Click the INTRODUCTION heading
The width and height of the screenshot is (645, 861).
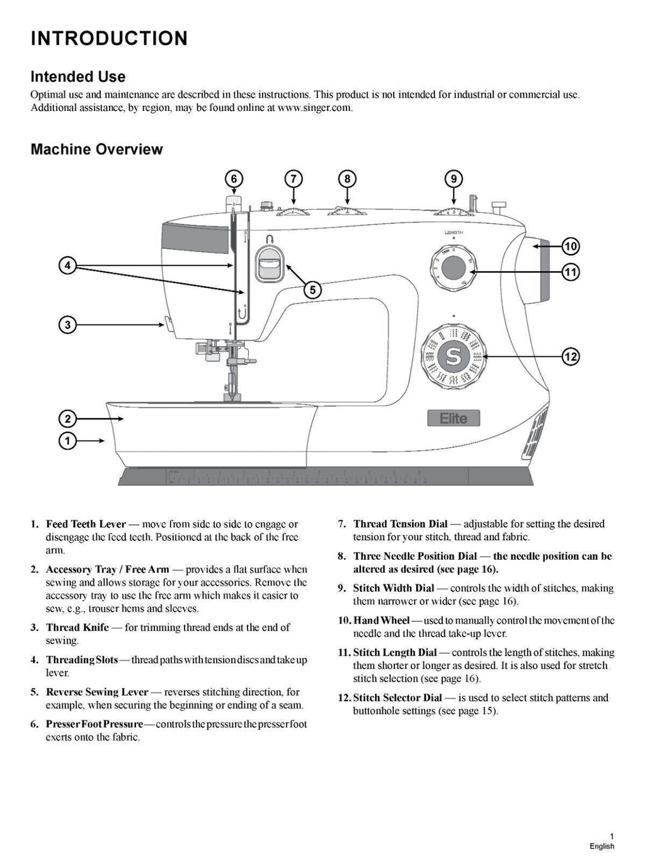109,38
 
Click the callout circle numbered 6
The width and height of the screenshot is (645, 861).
234,179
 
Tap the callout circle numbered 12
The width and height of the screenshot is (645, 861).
571,357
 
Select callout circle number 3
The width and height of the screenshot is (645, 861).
67,325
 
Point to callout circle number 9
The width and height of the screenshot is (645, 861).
454,179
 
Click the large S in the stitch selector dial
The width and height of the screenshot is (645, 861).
453,357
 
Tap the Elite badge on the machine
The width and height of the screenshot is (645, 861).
453,419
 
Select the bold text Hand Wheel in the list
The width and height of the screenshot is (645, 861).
381,621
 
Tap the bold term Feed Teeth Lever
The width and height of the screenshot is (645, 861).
86,524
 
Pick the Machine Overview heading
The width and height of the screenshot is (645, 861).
96,149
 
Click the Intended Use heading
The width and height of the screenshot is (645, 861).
78,77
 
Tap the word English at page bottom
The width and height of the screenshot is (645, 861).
602,846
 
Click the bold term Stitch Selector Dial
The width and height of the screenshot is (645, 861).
397,698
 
